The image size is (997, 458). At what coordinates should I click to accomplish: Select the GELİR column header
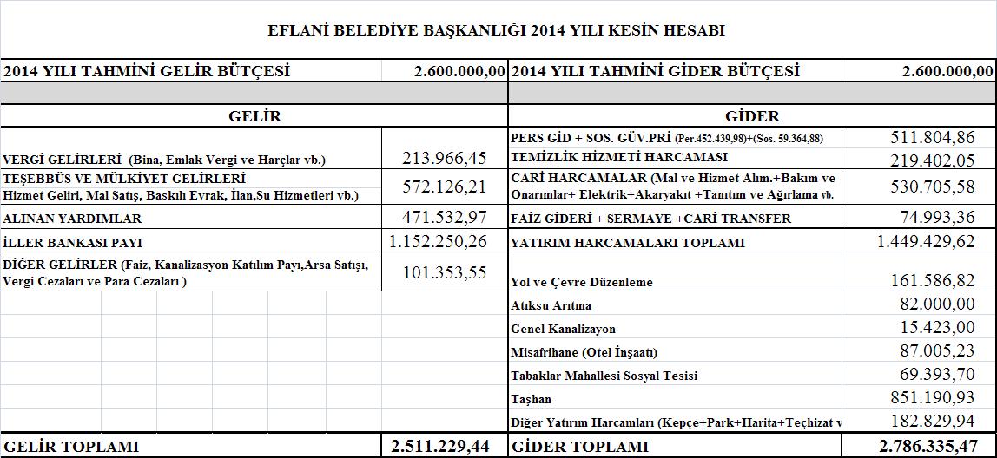click(254, 115)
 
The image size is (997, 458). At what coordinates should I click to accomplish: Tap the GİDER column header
click(751, 115)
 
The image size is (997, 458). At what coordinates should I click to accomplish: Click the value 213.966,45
click(445, 158)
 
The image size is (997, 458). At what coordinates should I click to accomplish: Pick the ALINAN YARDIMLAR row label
click(72, 219)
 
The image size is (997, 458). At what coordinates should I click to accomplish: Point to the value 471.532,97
click(445, 217)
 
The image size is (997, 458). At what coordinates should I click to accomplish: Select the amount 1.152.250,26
click(439, 241)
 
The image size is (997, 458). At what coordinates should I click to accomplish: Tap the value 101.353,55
click(445, 272)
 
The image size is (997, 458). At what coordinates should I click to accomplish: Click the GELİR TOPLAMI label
click(71, 447)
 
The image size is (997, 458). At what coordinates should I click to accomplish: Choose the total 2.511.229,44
click(440, 446)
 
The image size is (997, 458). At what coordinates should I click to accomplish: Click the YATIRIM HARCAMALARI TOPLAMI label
click(628, 243)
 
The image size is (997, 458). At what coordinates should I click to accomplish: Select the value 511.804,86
click(933, 137)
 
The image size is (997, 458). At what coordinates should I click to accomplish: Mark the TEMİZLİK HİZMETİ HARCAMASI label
click(619, 157)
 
